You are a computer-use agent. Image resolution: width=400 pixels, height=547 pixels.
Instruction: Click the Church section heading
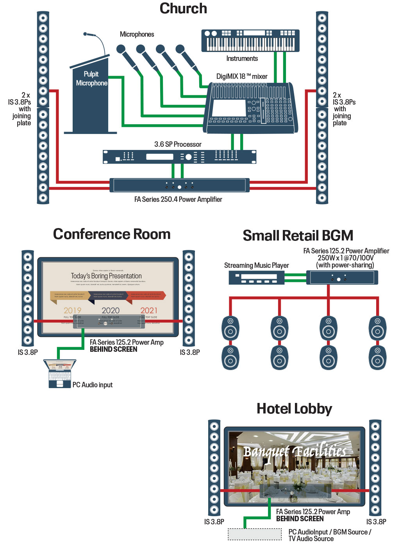[x=183, y=9]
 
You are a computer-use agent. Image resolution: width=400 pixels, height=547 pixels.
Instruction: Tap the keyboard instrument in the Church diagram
[x=250, y=41]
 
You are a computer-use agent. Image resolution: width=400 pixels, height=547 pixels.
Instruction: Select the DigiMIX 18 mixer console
[x=252, y=108]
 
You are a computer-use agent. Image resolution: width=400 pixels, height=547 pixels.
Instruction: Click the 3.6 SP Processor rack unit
[x=179, y=157]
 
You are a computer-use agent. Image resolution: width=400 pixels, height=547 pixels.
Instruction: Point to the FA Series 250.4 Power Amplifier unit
[x=179, y=185]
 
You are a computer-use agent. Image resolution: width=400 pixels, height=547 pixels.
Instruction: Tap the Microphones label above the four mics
[x=137, y=34]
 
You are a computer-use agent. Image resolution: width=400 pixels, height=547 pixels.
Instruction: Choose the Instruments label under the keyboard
[x=242, y=59]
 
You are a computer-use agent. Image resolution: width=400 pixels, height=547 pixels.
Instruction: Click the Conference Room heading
[x=112, y=234]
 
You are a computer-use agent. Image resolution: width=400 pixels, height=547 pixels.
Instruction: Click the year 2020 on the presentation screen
[x=111, y=310]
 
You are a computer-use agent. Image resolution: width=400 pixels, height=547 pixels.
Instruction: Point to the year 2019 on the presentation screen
[x=72, y=310]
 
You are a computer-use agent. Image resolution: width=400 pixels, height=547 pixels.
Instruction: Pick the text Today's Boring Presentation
[x=106, y=276]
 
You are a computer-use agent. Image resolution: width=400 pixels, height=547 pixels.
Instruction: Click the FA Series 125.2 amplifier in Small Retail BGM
[x=344, y=278]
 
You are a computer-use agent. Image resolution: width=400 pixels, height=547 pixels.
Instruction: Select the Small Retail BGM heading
[x=298, y=236]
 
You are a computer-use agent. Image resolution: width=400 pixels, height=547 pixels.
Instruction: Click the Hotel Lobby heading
[x=294, y=409]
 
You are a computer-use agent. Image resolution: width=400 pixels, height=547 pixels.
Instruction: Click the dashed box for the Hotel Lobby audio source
[x=255, y=535]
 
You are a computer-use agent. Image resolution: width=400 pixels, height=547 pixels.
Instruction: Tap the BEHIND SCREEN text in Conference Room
[x=113, y=349]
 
